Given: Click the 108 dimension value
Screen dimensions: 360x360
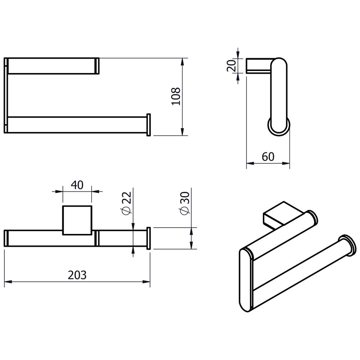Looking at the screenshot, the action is (176, 96).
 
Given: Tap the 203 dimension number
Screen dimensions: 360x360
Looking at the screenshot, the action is (77, 275).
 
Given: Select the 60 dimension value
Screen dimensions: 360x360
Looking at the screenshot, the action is (268, 157).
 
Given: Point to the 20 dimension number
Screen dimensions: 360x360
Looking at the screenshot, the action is (231, 66).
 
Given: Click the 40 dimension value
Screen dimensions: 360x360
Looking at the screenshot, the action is (77, 185).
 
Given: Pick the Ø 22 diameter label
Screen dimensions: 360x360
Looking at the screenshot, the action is (127, 202).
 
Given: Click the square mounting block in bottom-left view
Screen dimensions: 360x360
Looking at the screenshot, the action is (77, 220).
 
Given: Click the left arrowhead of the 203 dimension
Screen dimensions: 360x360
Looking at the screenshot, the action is (8, 282).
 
